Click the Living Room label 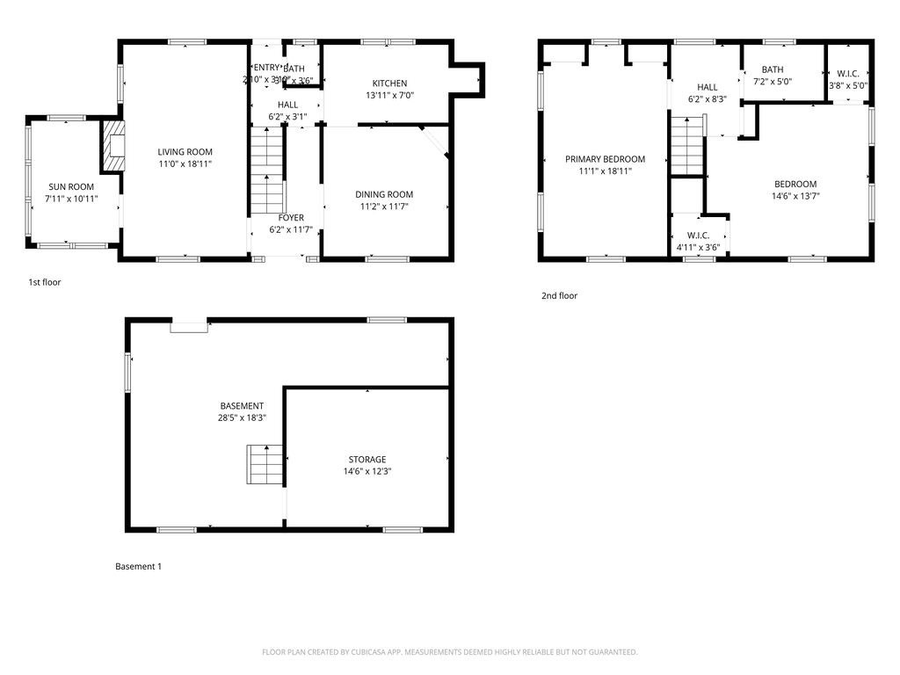tap(185, 151)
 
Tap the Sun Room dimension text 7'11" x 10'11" tap(71, 199)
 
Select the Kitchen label tap(389, 83)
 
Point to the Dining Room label tap(384, 194)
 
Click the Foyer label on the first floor tap(291, 218)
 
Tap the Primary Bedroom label tap(605, 159)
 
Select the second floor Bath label tap(773, 69)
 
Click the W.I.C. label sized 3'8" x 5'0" tap(848, 74)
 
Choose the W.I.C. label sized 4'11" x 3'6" tap(698, 235)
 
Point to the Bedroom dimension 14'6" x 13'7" tap(795, 196)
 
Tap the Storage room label tap(367, 460)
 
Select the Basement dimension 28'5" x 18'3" tap(242, 418)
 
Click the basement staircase tap(265, 464)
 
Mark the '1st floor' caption tap(45, 282)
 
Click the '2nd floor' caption tap(559, 296)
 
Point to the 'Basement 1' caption tap(139, 567)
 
